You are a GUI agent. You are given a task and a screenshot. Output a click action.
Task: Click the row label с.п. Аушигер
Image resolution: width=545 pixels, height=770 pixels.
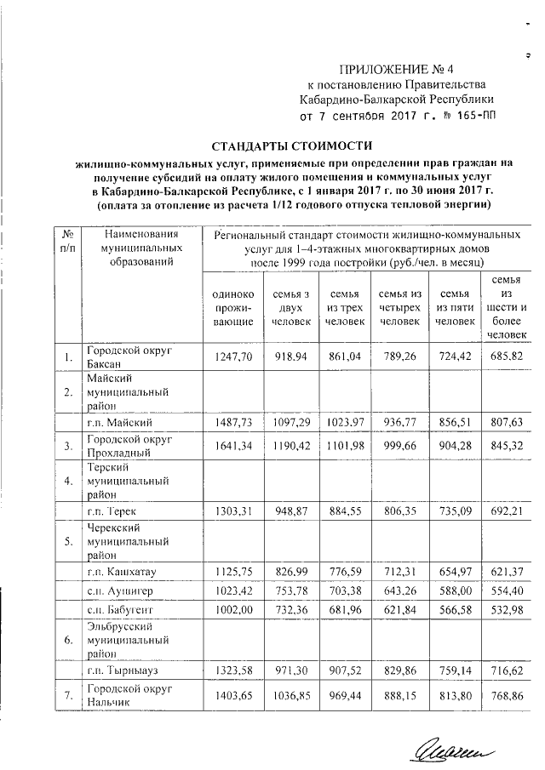pos(116,589)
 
